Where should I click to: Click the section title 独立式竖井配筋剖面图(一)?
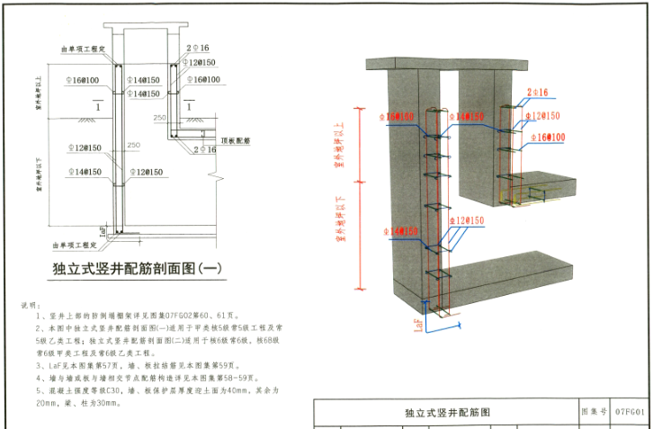tap(137, 268)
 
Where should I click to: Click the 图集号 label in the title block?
tap(595, 412)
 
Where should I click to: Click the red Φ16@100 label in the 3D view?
tap(549, 138)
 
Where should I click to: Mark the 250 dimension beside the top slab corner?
tap(160, 118)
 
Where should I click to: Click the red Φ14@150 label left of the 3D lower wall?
tap(398, 232)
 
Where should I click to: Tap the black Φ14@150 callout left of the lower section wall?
tap(83, 172)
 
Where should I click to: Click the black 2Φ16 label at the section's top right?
tap(198, 48)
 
